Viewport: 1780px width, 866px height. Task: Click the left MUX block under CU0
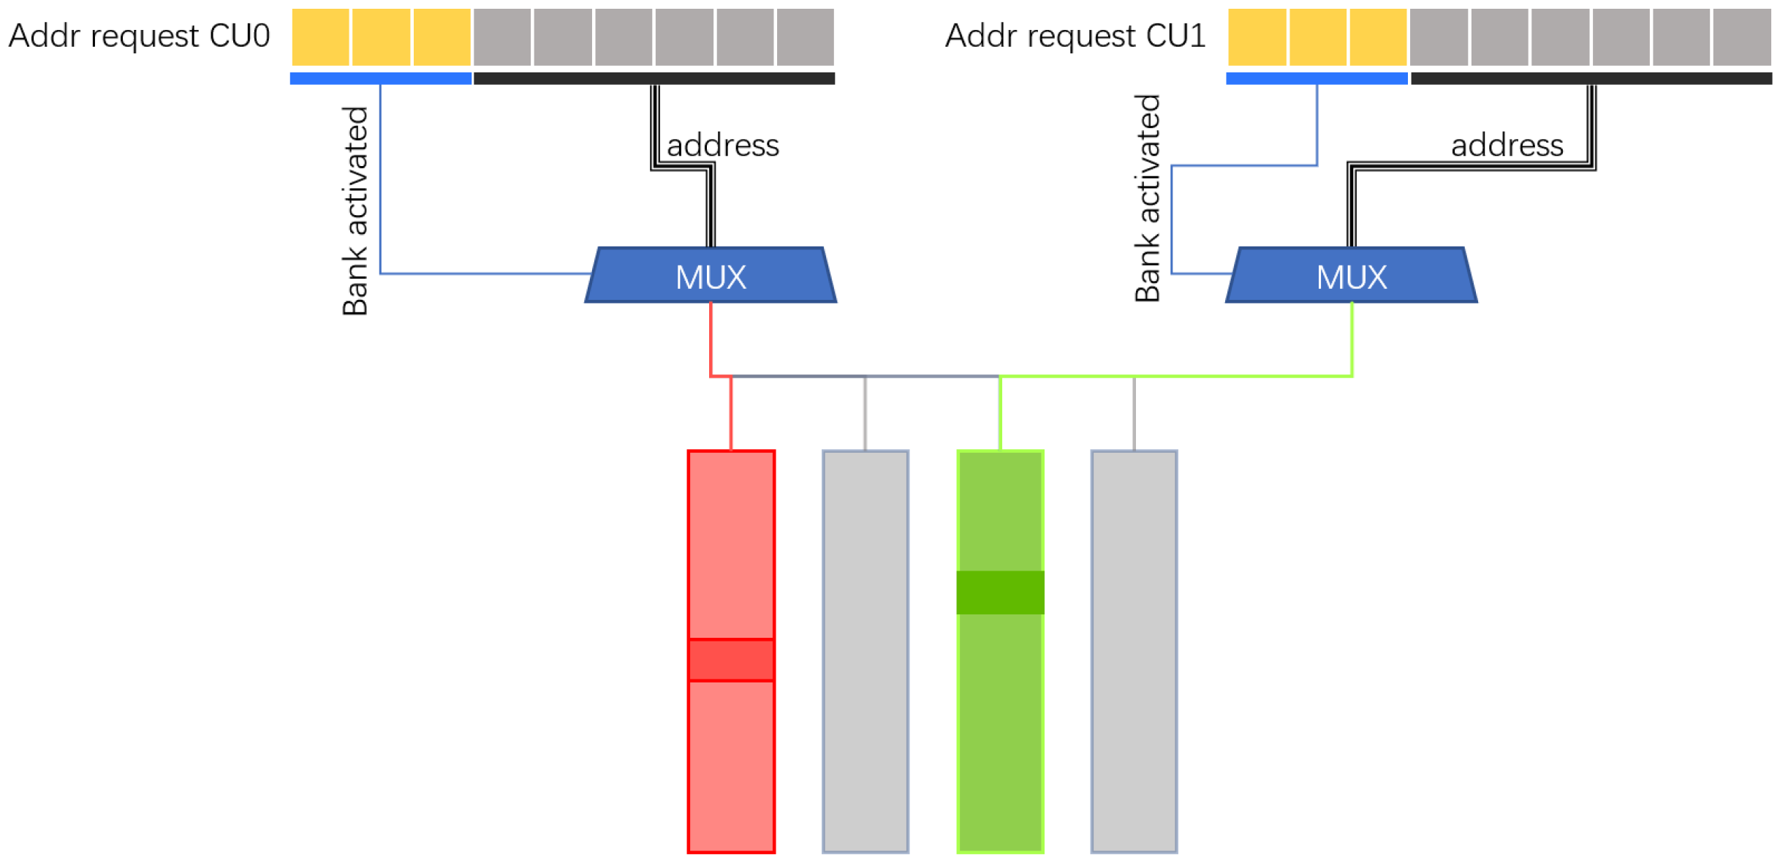(711, 276)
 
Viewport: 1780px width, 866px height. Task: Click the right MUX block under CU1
(1351, 276)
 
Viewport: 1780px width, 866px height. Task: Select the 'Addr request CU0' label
(139, 36)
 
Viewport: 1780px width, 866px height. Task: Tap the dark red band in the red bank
(731, 660)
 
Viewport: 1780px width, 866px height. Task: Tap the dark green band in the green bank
(1000, 592)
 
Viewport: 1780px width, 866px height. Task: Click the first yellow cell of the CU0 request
(320, 37)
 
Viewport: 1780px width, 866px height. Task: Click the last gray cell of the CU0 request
(805, 37)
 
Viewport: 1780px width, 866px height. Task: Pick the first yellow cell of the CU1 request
(1257, 37)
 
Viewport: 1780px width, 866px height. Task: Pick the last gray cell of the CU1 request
(1741, 37)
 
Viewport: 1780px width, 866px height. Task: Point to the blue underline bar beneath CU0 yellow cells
(380, 78)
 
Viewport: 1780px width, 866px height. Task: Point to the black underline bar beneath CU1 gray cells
(1591, 78)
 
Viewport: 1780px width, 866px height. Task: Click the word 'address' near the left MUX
(722, 146)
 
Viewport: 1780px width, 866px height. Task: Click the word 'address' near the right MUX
(1507, 146)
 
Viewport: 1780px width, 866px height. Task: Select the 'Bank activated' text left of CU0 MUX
(355, 211)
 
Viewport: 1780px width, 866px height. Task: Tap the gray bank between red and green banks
(866, 651)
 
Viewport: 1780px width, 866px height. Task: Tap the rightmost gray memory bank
(1134, 651)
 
